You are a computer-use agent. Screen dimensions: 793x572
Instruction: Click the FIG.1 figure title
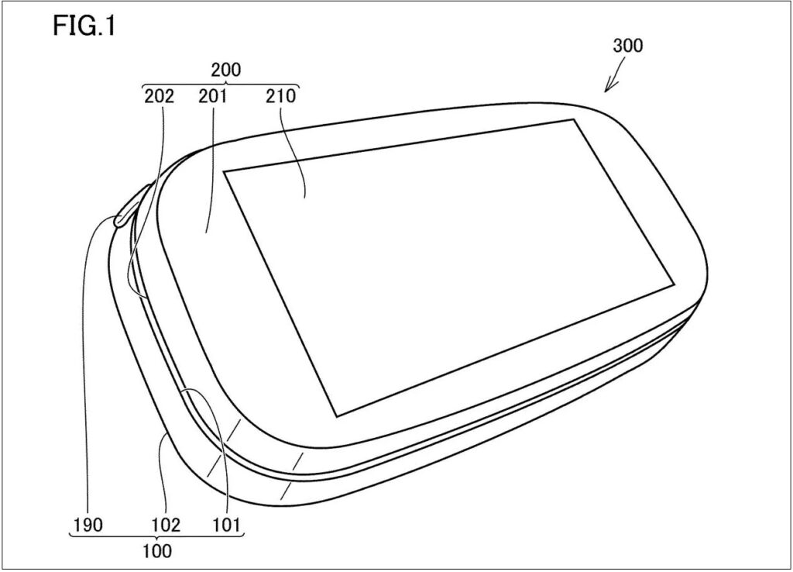[84, 26]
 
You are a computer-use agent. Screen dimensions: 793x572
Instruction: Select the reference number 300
[627, 46]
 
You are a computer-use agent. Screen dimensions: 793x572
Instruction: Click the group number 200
[226, 70]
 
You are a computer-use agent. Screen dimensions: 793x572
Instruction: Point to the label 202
[160, 95]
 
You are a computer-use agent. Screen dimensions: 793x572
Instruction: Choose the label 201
[212, 95]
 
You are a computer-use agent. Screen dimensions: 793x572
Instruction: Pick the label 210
[280, 95]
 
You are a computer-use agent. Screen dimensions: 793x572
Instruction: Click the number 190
[88, 525]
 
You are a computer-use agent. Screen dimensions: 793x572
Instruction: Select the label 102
[166, 525]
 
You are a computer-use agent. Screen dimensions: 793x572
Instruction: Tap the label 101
[226, 525]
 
